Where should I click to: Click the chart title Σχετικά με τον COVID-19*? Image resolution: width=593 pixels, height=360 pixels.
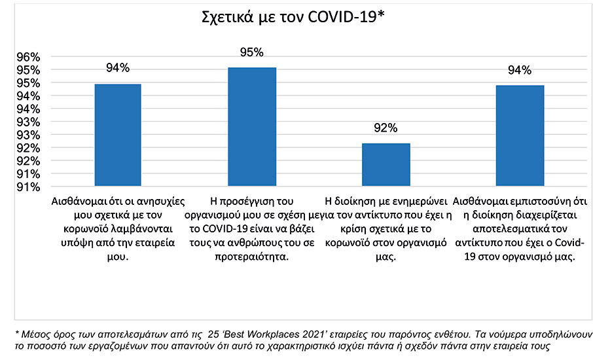click(292, 18)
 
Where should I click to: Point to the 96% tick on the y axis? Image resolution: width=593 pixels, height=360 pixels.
click(27, 57)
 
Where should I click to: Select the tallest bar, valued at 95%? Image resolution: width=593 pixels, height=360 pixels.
click(251, 127)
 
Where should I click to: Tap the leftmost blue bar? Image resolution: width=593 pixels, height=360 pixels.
click(118, 135)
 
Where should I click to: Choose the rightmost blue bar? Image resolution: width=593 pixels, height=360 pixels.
click(519, 136)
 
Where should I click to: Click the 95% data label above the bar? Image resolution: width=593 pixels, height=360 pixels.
click(251, 52)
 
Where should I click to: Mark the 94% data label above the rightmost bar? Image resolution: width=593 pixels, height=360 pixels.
click(519, 70)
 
